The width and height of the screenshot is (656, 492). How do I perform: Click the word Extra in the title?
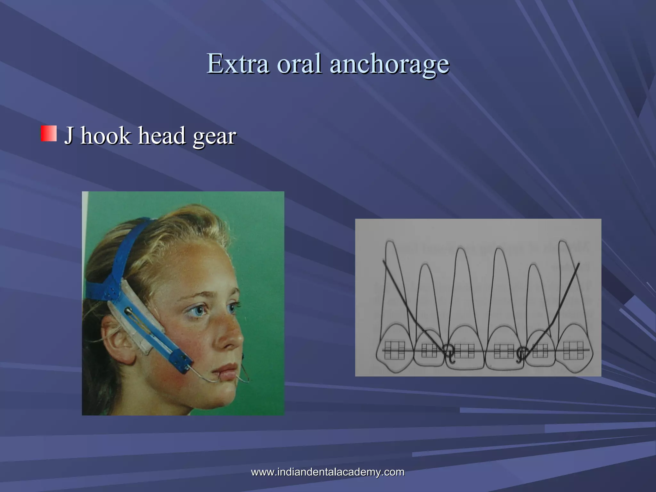[x=238, y=63]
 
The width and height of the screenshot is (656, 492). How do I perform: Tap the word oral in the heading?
[x=299, y=63]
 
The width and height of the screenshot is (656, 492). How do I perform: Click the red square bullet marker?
[x=49, y=133]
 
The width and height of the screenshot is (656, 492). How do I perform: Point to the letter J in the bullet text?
[x=69, y=135]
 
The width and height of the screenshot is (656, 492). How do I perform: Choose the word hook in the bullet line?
[x=106, y=135]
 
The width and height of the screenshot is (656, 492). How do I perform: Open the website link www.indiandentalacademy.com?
[x=328, y=472]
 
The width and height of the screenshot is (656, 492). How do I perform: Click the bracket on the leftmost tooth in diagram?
[x=394, y=350]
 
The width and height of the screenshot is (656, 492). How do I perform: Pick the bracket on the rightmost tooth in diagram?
[x=573, y=350]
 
